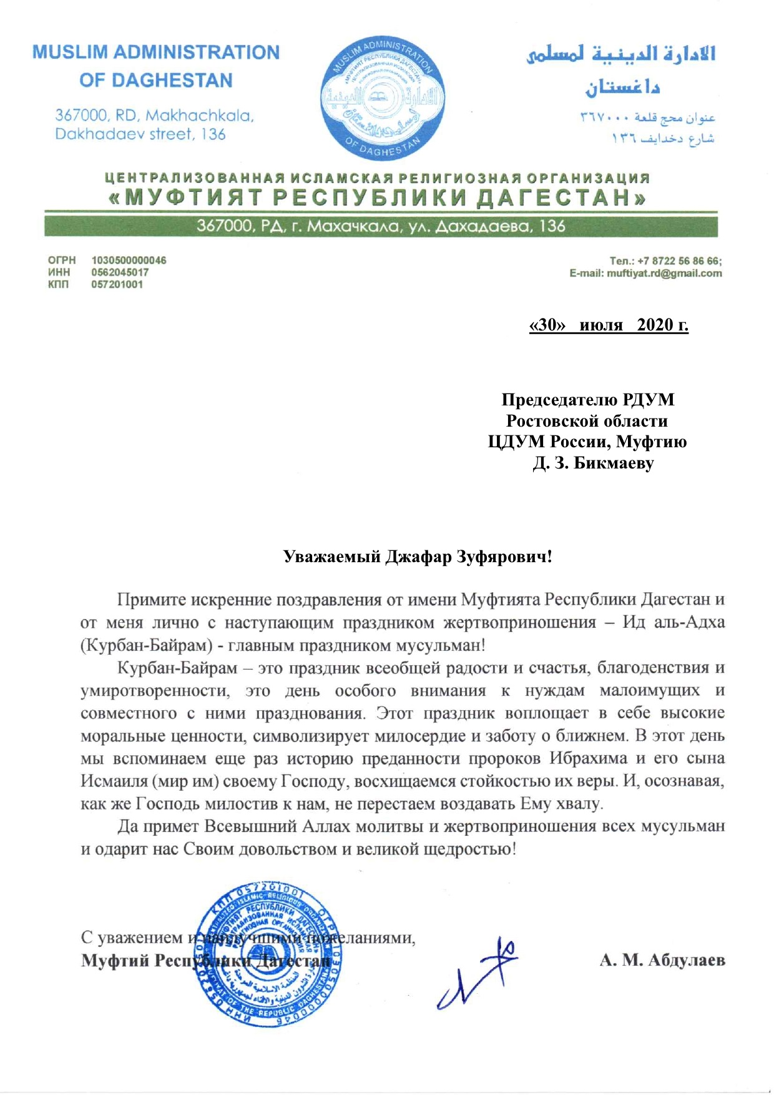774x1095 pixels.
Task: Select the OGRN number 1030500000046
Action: (129, 260)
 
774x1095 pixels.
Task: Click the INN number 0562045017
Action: (120, 272)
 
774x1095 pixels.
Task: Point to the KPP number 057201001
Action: (117, 284)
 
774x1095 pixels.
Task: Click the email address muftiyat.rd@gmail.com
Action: (664, 273)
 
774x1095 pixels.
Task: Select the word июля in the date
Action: (600, 325)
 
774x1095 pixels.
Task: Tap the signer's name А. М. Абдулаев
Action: (662, 960)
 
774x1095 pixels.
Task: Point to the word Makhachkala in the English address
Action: (199, 116)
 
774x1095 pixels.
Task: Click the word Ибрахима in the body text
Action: (588, 758)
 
